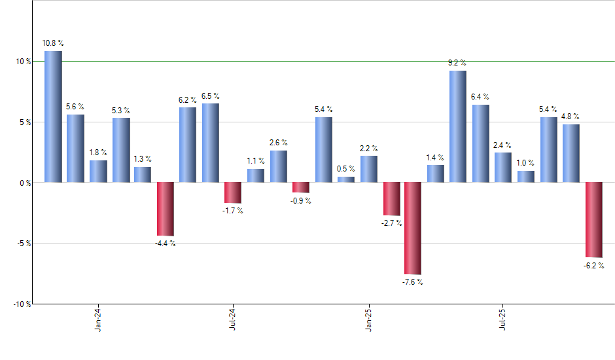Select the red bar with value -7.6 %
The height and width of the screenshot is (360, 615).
tap(413, 228)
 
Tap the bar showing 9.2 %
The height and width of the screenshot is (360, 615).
tap(458, 126)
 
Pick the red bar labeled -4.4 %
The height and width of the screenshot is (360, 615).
tap(165, 209)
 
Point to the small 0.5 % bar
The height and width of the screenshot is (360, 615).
tap(346, 179)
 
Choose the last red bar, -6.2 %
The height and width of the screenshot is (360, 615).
tap(593, 219)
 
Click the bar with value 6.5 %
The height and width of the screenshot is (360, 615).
tap(211, 143)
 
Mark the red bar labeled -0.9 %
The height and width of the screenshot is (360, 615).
tap(300, 187)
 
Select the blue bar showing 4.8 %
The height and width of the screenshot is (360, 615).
tap(571, 153)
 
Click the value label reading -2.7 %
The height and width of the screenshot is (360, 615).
tap(391, 223)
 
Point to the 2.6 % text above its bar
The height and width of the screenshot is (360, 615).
tap(278, 143)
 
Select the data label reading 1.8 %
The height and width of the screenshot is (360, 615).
tap(98, 153)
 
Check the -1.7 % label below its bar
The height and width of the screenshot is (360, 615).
tap(232, 211)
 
